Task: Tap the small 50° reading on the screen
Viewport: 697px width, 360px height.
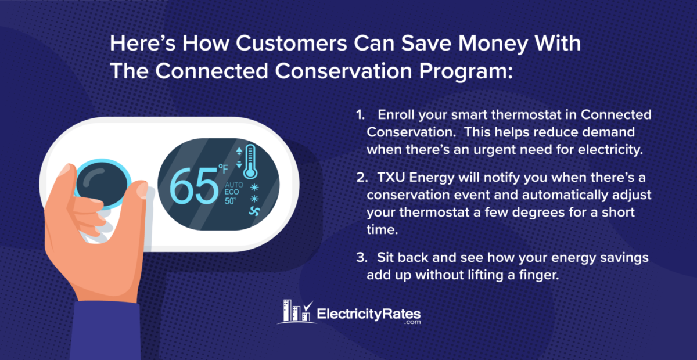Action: [x=231, y=201]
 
